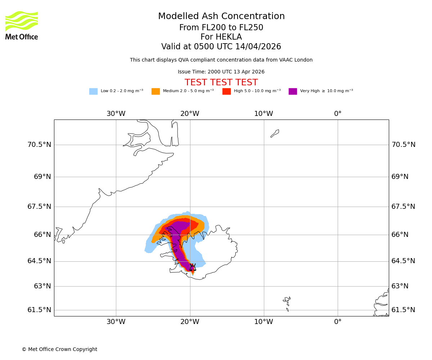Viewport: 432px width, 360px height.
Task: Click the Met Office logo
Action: [22, 25]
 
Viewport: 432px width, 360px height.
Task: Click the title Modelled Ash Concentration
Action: [221, 17]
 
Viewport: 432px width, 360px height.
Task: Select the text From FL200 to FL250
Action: [221, 28]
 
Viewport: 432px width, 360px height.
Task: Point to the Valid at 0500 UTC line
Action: [221, 47]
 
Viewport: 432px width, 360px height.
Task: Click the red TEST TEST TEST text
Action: [221, 83]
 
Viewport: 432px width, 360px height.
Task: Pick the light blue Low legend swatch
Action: [93, 91]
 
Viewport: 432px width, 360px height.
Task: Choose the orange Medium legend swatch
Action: [156, 91]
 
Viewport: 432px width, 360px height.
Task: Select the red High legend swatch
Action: [226, 91]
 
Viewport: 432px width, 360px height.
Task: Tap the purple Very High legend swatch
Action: [293, 91]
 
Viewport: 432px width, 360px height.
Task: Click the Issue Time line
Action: [221, 72]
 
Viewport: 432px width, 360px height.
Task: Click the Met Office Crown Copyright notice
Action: [59, 349]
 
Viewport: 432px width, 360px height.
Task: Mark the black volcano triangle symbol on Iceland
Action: [193, 267]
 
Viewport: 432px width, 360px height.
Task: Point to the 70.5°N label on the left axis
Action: [39, 145]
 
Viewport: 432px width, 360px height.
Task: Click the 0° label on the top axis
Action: [338, 114]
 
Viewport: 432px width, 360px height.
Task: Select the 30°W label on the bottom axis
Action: [116, 322]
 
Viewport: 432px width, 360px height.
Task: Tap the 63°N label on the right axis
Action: [400, 286]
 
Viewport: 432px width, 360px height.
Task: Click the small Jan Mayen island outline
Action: [275, 133]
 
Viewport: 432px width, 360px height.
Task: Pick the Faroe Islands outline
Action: [287, 302]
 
